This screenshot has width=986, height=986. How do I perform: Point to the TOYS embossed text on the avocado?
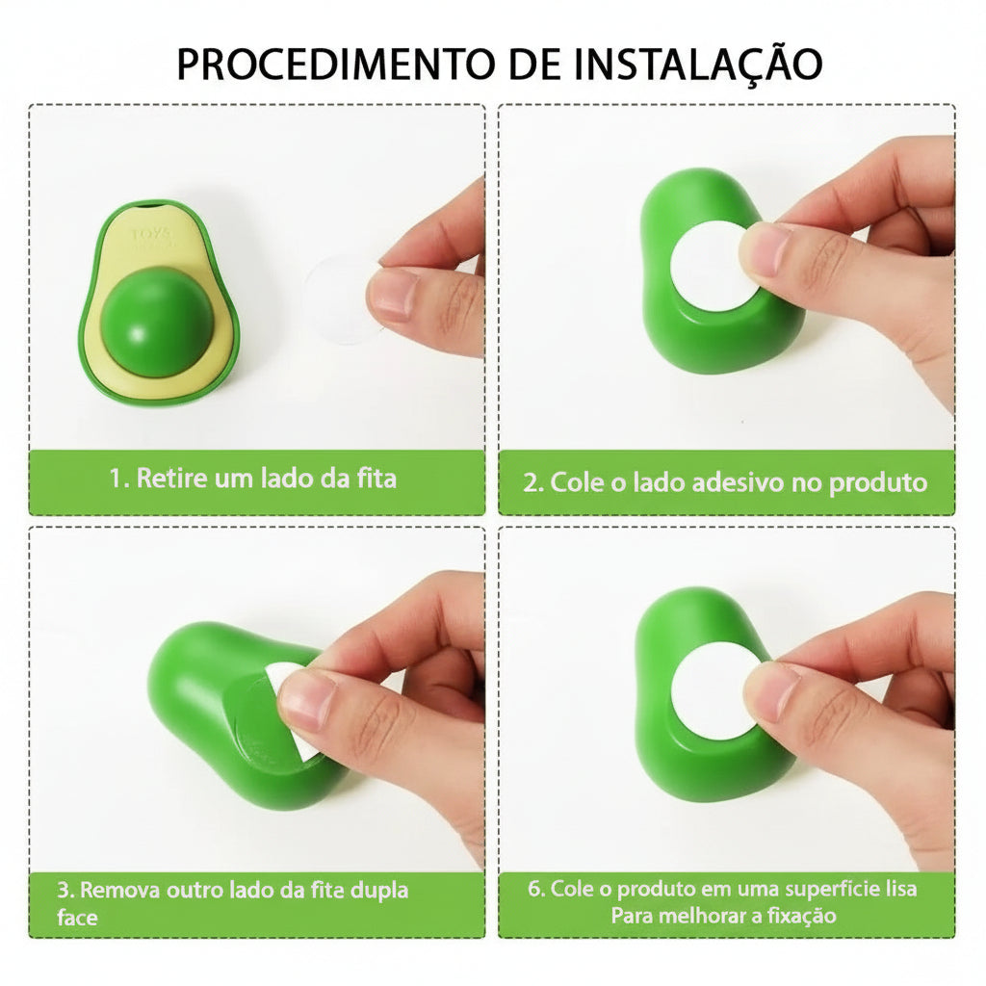pyautogui.click(x=151, y=235)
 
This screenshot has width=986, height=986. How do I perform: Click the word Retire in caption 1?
pyautogui.click(x=172, y=478)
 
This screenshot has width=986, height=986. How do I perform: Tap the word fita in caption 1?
pyautogui.click(x=377, y=478)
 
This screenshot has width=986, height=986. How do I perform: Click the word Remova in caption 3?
pyautogui.click(x=119, y=890)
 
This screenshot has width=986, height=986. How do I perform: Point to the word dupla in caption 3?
pyautogui.click(x=378, y=891)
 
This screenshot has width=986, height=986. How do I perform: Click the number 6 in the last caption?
pyautogui.click(x=535, y=889)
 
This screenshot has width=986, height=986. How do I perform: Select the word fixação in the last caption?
pyautogui.click(x=801, y=916)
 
